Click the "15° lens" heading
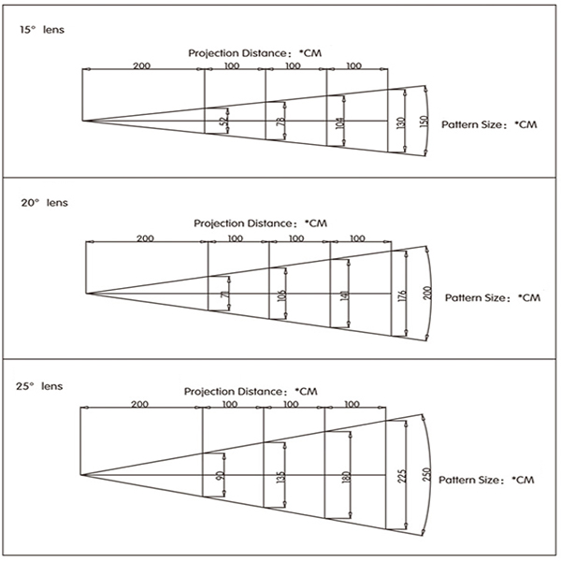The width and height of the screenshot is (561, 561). [x=42, y=29]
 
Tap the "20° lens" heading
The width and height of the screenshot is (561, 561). [x=44, y=203]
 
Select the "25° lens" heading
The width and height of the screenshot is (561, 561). [x=39, y=386]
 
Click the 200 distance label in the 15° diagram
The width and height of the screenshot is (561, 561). [x=142, y=65]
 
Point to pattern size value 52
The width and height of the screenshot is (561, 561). [x=223, y=122]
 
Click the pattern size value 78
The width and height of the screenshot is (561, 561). [x=281, y=122]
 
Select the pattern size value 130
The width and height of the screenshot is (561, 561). [x=401, y=123]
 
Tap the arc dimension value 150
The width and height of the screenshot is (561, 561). [x=424, y=122]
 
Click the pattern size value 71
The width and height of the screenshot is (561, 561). [x=225, y=295]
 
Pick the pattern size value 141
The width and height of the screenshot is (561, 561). [x=344, y=295]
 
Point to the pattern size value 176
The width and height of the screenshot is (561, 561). [x=402, y=296]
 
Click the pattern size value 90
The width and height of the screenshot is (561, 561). [x=220, y=476]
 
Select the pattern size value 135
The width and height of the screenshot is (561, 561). [x=280, y=478]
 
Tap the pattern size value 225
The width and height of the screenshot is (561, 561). [x=402, y=476]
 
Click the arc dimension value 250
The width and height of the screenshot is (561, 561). [x=426, y=475]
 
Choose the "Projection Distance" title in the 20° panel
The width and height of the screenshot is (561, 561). [x=244, y=223]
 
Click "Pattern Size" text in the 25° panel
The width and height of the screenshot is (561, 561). [x=468, y=480]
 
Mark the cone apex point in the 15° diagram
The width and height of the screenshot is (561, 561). [x=82, y=121]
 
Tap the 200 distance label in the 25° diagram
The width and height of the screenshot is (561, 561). [x=139, y=404]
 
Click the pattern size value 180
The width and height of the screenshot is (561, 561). [x=346, y=477]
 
